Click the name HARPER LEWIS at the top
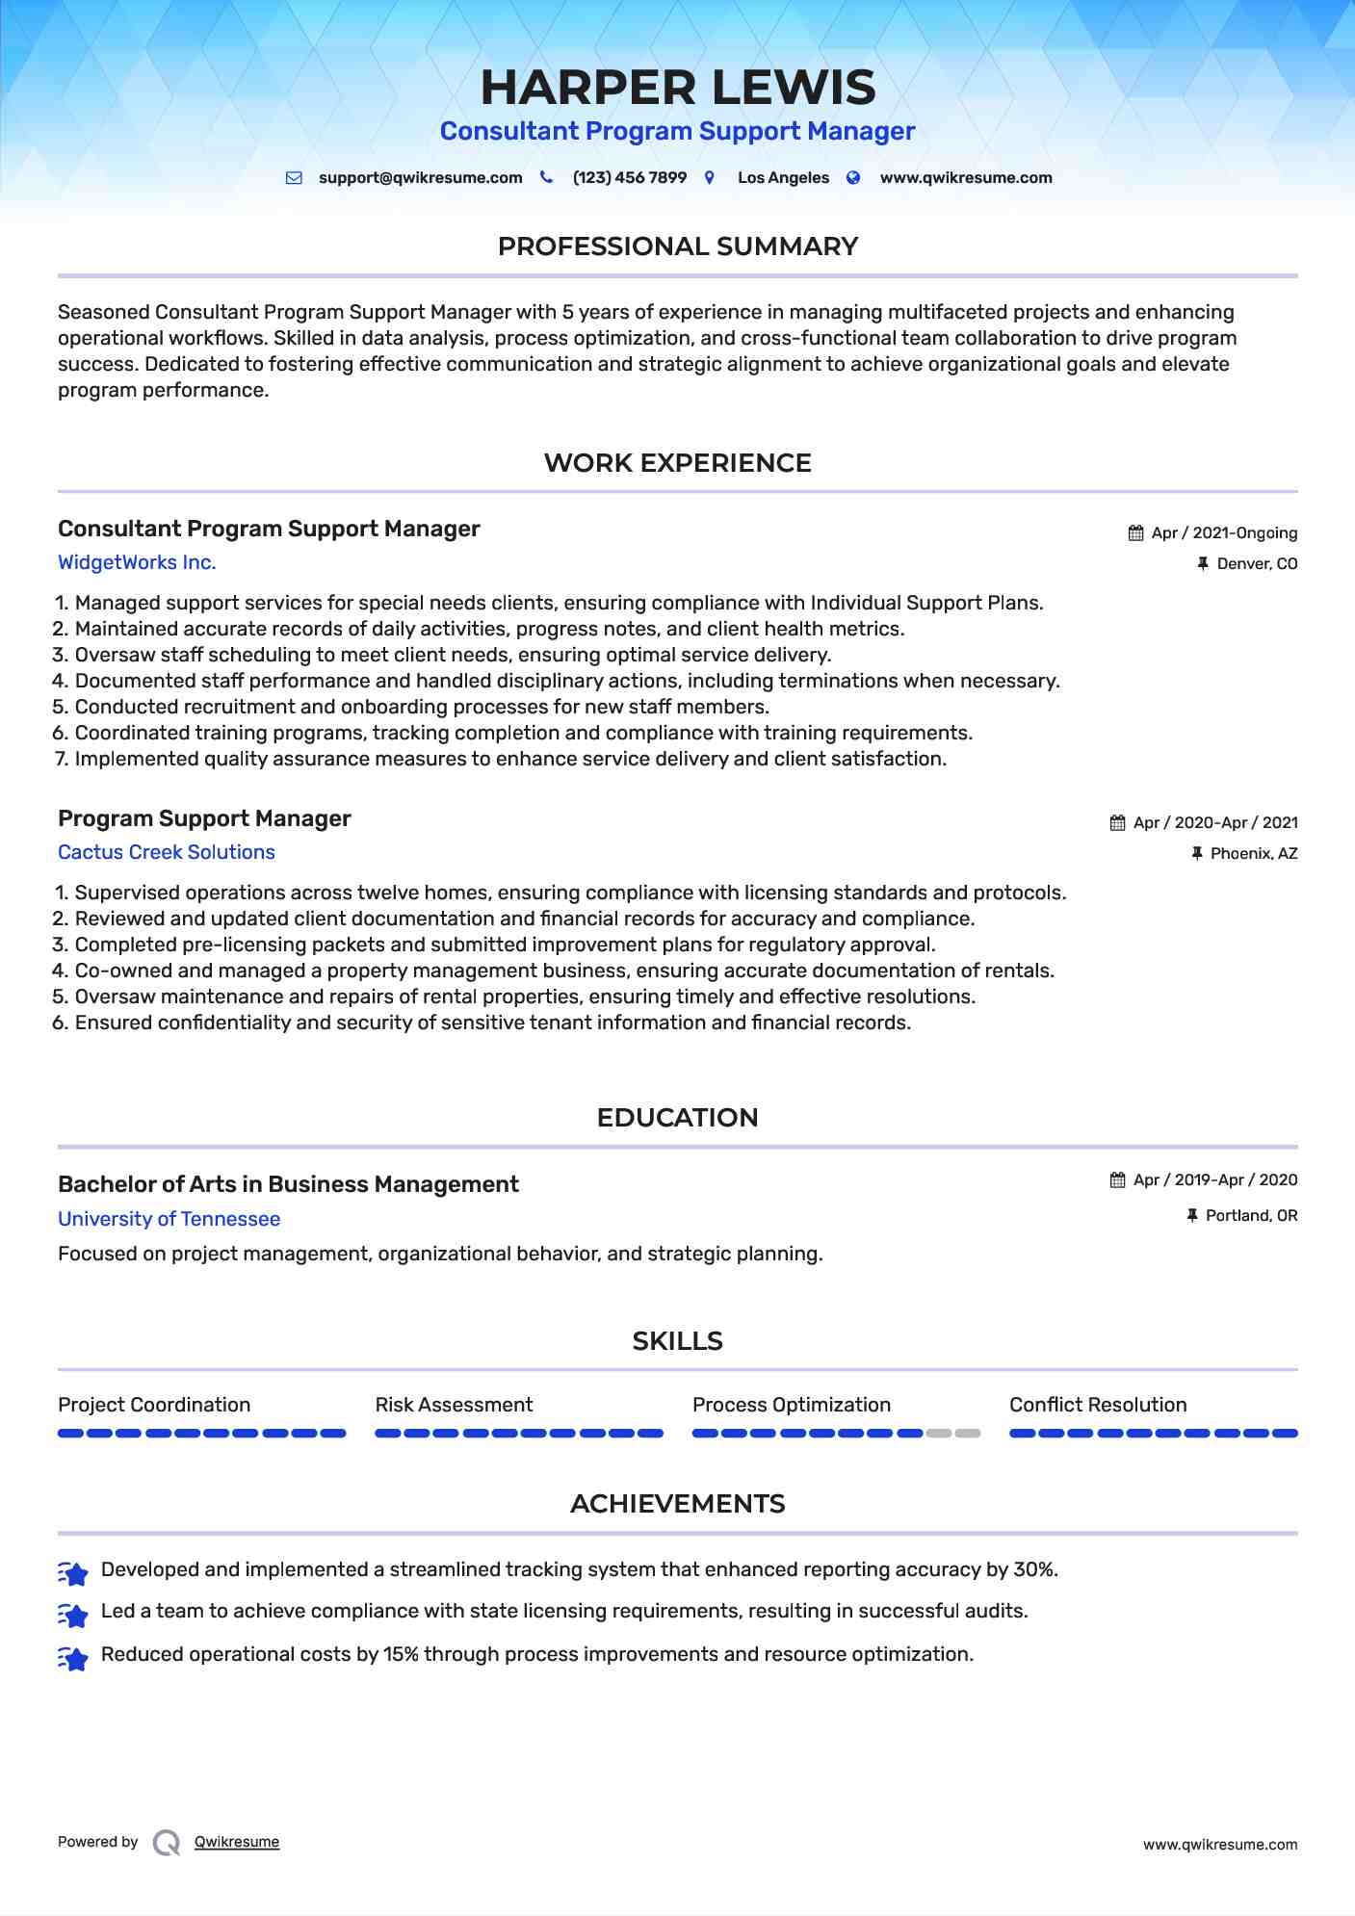[678, 88]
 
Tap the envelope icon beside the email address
[294, 178]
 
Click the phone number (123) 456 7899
[629, 178]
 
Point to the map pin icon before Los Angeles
[710, 178]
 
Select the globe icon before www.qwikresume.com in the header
[853, 178]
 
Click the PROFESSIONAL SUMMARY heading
[677, 246]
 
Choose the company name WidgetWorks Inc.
[137, 562]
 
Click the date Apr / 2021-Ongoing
[1223, 533]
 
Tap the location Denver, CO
[1256, 564]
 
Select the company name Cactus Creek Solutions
[167, 852]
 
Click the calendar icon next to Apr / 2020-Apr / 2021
[1117, 823]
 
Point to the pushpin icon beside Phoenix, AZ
[1197, 854]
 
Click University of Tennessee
[169, 1219]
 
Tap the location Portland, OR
[1251, 1216]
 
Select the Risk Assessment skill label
[454, 1405]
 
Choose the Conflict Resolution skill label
[1098, 1405]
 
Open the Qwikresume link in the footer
[237, 1842]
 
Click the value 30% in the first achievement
[1034, 1569]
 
